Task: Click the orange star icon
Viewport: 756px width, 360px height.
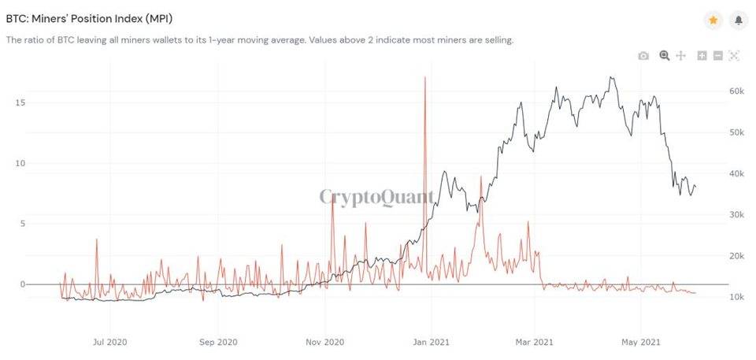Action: tap(713, 20)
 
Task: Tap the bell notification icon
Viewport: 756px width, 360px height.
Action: tap(738, 20)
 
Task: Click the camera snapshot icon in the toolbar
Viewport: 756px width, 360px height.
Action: tap(643, 56)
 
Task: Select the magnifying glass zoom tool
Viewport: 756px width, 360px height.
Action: tap(665, 55)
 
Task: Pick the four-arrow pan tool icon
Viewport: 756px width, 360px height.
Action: tap(680, 55)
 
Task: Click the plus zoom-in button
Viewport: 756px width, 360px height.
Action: tap(702, 55)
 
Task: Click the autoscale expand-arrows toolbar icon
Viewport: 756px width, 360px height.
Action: tap(733, 55)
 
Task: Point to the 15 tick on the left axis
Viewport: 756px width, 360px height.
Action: tap(20, 102)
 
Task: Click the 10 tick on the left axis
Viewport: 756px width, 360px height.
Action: tap(20, 163)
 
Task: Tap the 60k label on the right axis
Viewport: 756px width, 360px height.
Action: tap(737, 91)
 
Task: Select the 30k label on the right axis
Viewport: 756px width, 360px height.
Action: tap(737, 214)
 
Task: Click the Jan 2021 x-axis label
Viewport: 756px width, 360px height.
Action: tap(432, 342)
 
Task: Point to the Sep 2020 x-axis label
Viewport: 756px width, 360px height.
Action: tap(218, 342)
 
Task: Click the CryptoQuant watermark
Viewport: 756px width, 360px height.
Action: tap(376, 197)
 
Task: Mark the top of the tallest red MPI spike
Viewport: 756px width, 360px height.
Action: tap(424, 76)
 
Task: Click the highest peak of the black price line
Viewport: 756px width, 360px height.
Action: tap(611, 77)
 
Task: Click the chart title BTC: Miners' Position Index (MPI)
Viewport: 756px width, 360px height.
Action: tap(89, 19)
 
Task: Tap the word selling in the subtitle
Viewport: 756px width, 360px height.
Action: tap(500, 40)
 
